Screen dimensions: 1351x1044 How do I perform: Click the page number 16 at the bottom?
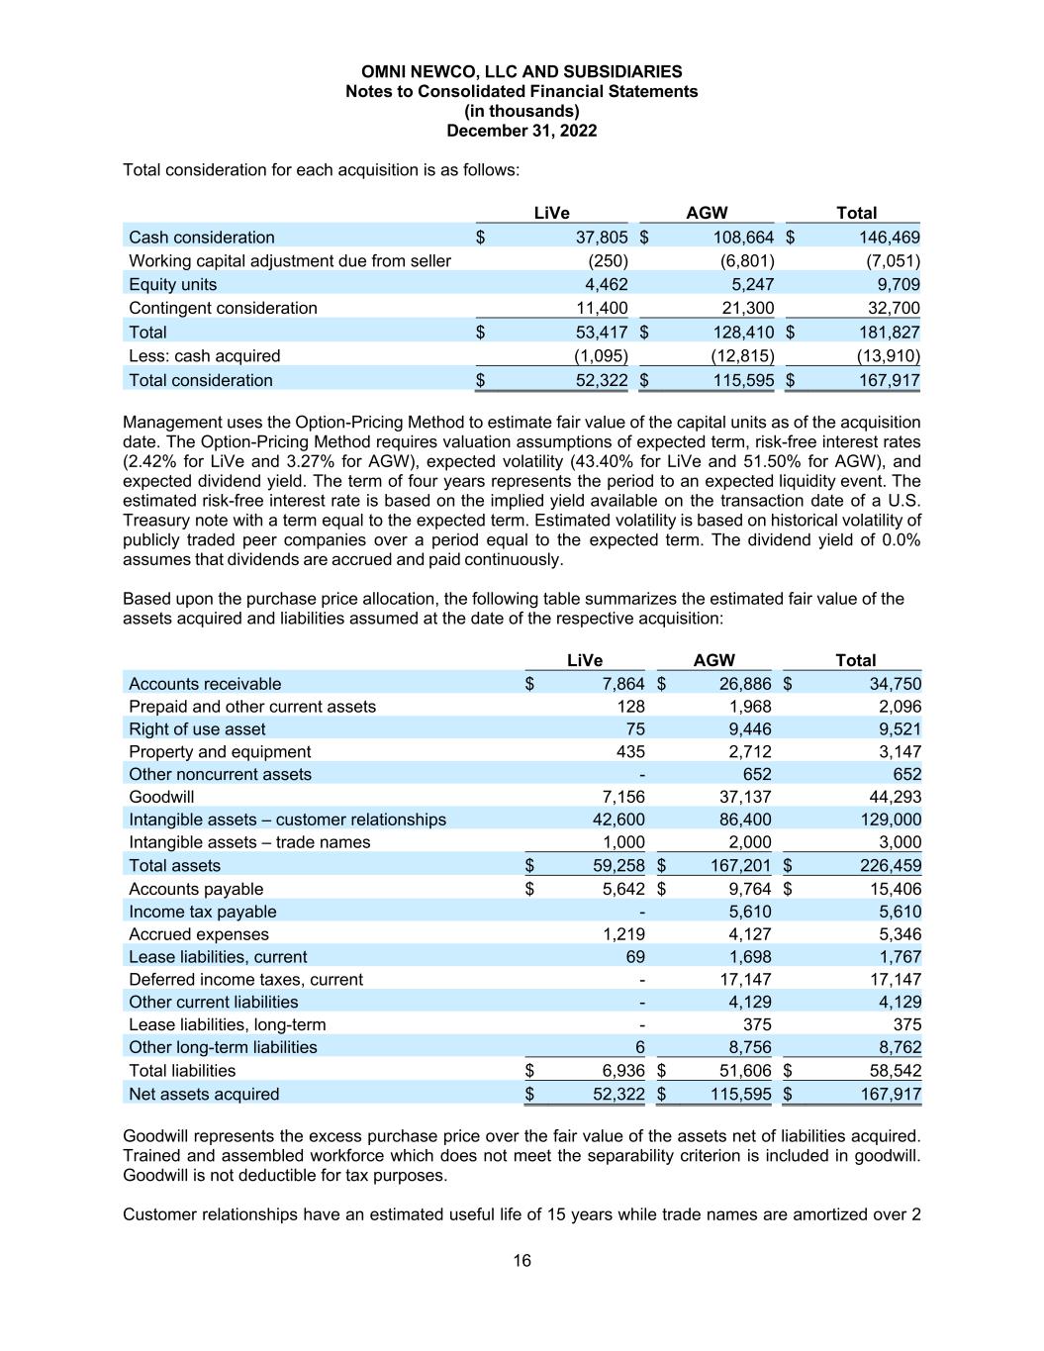coord(522,1260)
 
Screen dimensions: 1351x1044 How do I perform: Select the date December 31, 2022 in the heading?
coord(522,131)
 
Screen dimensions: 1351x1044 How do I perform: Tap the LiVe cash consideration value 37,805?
coord(602,238)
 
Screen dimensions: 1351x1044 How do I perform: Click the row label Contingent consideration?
coord(223,308)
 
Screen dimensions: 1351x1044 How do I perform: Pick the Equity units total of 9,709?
coord(895,285)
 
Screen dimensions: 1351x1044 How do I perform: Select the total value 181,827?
coord(888,333)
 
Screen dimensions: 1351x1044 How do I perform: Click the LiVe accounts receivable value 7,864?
coord(622,684)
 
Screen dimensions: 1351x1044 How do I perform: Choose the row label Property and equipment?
coord(220,752)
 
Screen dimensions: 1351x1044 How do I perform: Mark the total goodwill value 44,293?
coord(895,797)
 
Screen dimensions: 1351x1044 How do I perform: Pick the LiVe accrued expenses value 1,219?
coord(623,934)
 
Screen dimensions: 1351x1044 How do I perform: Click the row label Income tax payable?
coord(203,912)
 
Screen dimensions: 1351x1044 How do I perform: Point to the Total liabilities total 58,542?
coord(895,1071)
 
